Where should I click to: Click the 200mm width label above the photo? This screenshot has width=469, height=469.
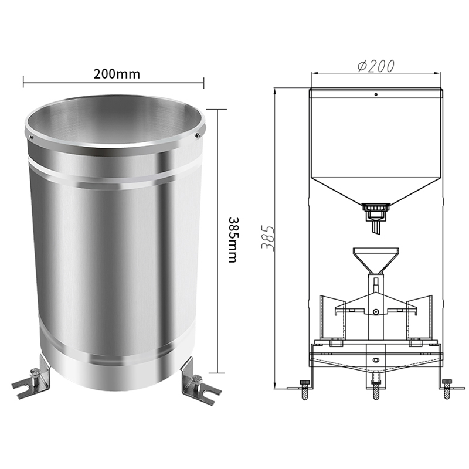coord(117,74)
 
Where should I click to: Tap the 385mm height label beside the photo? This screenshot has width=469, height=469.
coord(233,240)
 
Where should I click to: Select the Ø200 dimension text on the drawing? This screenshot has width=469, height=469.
coord(376,66)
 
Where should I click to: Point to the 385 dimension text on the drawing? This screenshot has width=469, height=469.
coord(268,238)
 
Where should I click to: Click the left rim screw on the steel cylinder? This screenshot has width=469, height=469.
coord(31,137)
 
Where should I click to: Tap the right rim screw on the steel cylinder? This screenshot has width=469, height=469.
coord(197,135)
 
